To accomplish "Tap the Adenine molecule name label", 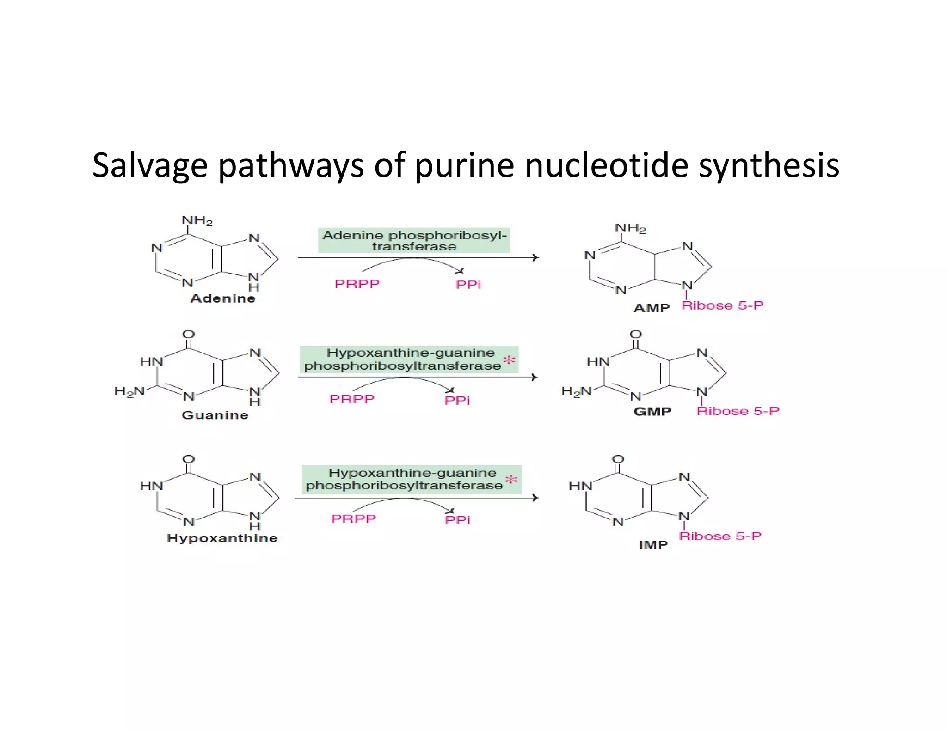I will point(223,298).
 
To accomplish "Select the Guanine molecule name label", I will point(215,415).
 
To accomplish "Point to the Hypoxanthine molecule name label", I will point(222,538).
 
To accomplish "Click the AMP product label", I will point(652,308).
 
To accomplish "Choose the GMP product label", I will point(652,411).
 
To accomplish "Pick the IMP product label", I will point(653,545).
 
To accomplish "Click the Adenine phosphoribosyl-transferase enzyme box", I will point(414,240).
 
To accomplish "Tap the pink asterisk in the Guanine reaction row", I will point(509,360).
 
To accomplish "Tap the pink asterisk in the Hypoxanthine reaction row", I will point(511,480).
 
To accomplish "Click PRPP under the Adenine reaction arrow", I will point(357,284).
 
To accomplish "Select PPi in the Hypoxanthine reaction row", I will point(457,520).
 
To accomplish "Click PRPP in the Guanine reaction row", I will point(352,399).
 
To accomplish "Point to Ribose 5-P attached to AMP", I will point(722,305).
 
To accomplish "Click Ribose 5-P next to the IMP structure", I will point(720,536).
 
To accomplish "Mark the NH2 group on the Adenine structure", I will point(197,220).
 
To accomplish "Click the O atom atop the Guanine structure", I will point(189,334).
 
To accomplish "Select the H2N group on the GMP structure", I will point(576,391).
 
